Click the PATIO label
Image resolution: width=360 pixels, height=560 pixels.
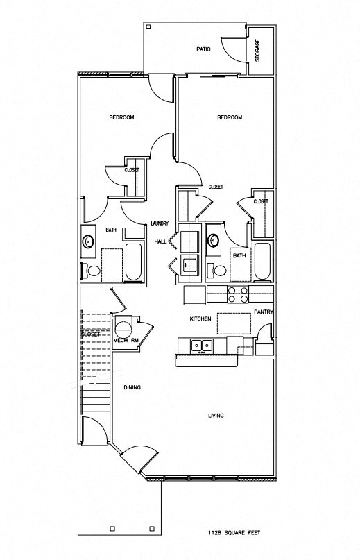tap(203, 49)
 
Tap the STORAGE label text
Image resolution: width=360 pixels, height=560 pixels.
tap(258, 50)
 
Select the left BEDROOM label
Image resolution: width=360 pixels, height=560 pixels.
tap(121, 117)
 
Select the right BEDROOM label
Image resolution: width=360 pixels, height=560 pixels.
tap(230, 117)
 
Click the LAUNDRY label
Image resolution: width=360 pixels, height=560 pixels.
tap(161, 223)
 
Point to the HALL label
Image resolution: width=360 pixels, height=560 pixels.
tap(160, 241)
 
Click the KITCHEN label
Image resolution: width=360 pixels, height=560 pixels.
tap(200, 319)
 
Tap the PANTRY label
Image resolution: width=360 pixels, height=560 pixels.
tap(264, 312)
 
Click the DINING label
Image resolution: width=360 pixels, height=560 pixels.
tap(132, 387)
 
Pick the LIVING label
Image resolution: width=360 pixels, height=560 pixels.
tap(220, 416)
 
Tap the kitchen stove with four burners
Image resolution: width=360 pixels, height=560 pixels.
tap(239, 294)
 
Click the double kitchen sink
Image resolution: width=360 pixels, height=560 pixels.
tap(202, 344)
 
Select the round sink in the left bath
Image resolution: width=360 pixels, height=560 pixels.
tap(89, 241)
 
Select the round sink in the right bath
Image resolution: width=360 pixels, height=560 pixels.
tap(214, 241)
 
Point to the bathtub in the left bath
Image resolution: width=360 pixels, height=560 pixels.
tap(134, 264)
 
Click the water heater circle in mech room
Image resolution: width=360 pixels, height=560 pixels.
tap(123, 326)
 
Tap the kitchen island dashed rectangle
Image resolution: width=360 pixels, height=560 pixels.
tap(234, 323)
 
